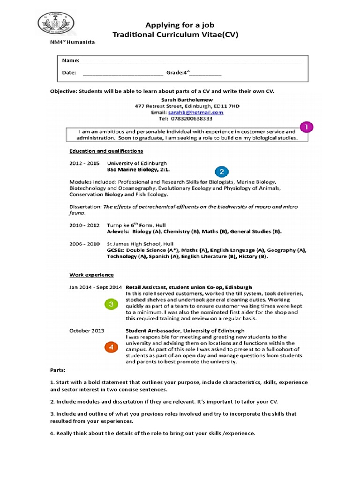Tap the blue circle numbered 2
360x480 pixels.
(x=221, y=172)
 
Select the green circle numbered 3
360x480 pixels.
(x=110, y=305)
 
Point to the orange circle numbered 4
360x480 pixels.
(x=111, y=347)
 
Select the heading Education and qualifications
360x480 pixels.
(x=106, y=151)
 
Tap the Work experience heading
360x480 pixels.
(x=91, y=275)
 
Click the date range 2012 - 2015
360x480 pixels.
(x=84, y=164)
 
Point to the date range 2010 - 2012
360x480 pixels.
(x=84, y=225)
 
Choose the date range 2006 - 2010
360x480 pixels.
(x=84, y=244)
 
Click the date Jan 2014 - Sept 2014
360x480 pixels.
(x=96, y=287)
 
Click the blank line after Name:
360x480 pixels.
(x=190, y=61)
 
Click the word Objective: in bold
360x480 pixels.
(x=63, y=91)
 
